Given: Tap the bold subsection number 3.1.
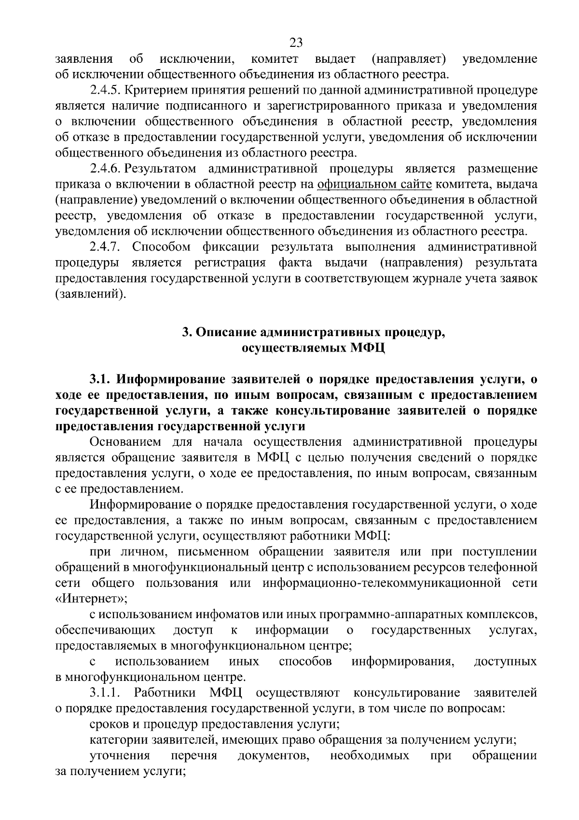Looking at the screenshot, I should [x=99, y=380].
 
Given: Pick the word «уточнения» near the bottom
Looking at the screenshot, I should [x=120, y=756].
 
